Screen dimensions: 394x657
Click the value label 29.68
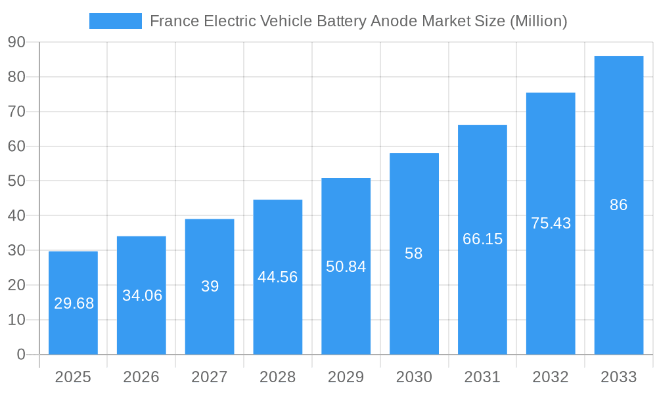click(x=74, y=303)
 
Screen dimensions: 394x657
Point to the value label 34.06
click(x=142, y=295)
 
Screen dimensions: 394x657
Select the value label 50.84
click(x=346, y=267)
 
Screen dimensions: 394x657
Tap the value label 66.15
click(x=482, y=239)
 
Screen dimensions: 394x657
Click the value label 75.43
click(x=551, y=223)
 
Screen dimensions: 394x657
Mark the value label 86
click(x=618, y=205)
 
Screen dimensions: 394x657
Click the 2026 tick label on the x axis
click(x=141, y=377)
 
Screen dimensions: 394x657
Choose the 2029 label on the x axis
click(x=346, y=377)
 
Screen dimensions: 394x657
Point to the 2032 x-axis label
click(x=551, y=377)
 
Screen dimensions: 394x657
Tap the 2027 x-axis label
click(x=210, y=377)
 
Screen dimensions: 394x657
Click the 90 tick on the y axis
click(x=16, y=43)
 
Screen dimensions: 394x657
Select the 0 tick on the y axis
click(x=21, y=355)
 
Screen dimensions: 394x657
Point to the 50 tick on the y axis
click(x=16, y=181)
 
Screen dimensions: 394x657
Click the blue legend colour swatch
click(x=115, y=21)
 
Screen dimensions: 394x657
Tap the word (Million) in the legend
click(x=538, y=21)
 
